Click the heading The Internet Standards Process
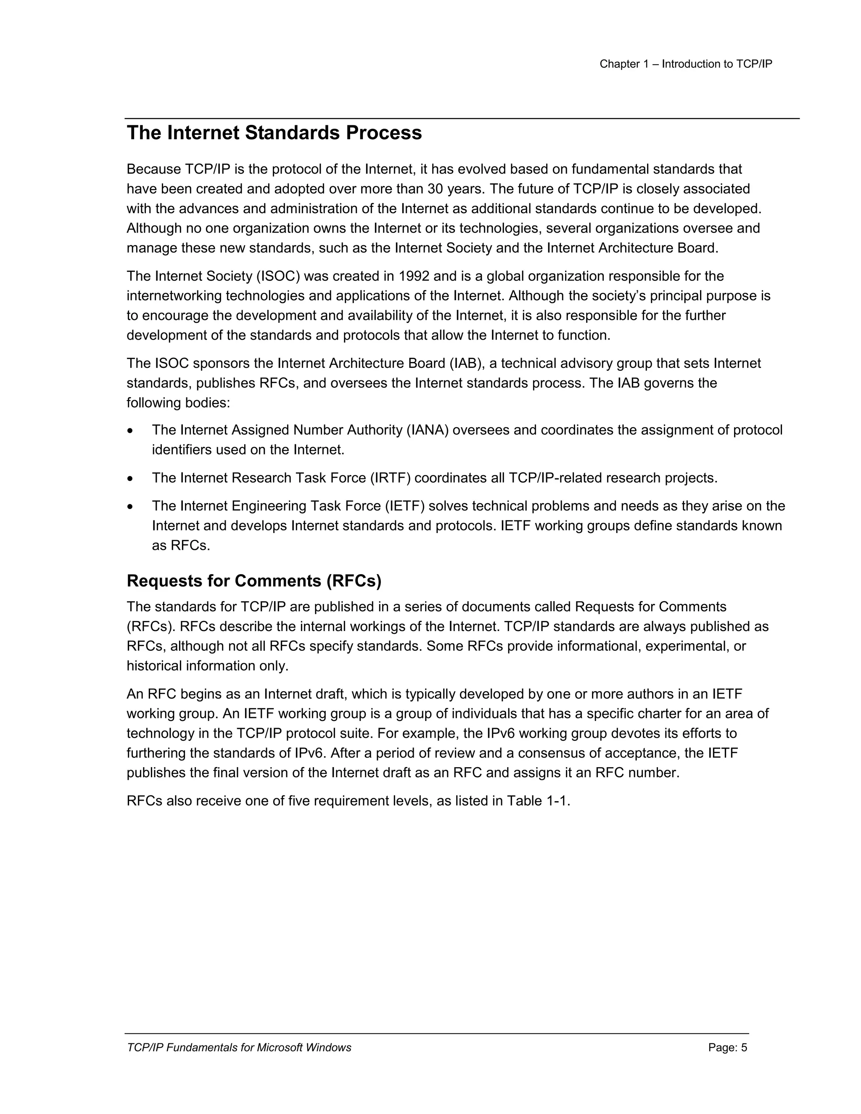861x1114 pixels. (274, 133)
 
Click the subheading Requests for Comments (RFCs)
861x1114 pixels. (254, 581)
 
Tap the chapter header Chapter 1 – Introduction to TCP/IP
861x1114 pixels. (686, 64)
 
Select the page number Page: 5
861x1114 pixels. (727, 1048)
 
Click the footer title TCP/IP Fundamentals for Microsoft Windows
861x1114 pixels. (239, 1048)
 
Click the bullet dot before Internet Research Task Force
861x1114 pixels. (131, 479)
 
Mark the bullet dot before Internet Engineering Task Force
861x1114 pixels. (131, 507)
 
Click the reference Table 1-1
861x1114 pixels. (538, 801)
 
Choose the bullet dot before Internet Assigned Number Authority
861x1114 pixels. (131, 431)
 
